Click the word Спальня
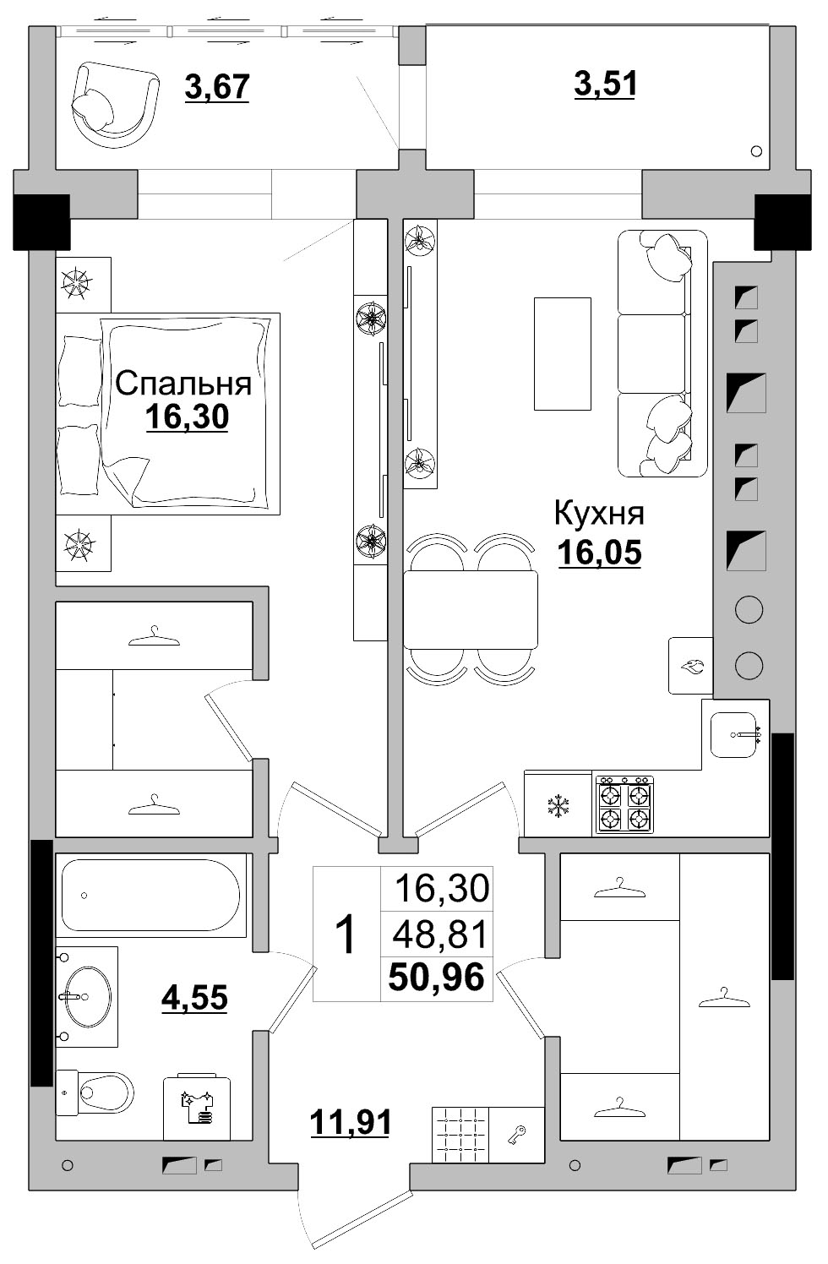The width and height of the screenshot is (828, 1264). pyautogui.click(x=183, y=383)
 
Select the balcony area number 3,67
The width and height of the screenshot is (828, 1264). pyautogui.click(x=217, y=86)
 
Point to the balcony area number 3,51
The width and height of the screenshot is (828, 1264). pyautogui.click(x=605, y=84)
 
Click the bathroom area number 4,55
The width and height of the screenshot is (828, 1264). pyautogui.click(x=194, y=997)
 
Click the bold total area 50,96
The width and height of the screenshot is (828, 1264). pyautogui.click(x=436, y=978)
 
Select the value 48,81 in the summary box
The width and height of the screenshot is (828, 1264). pyautogui.click(x=441, y=934)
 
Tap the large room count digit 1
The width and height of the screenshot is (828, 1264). pyautogui.click(x=346, y=934)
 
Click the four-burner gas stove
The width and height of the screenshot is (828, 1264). pyautogui.click(x=624, y=806)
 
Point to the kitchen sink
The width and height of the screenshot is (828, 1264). pyautogui.click(x=733, y=734)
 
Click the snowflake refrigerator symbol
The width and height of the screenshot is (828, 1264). pyautogui.click(x=557, y=806)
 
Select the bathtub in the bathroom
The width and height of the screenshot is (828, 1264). pyautogui.click(x=151, y=895)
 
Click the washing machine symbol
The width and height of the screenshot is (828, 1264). pyautogui.click(x=196, y=1107)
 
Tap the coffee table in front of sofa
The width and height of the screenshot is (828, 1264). pyautogui.click(x=562, y=353)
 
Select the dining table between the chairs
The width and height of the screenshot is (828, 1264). pyautogui.click(x=470, y=609)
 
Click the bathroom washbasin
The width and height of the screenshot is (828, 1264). pyautogui.click(x=85, y=996)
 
